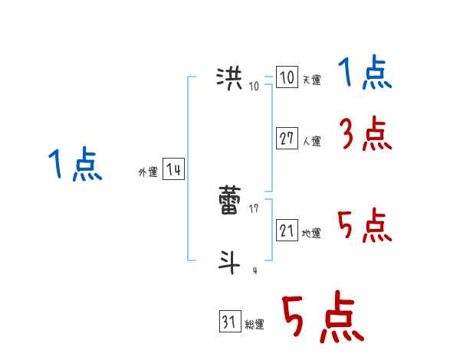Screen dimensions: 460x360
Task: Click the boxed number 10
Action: pos(287,77)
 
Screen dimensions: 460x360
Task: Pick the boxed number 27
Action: pos(287,139)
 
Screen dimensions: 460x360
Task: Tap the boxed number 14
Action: pos(173,170)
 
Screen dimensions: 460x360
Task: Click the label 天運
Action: pos(311,80)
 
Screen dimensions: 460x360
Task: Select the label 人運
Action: pos(311,141)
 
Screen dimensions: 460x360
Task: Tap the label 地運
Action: pos(311,233)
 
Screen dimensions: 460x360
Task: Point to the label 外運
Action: pos(148,172)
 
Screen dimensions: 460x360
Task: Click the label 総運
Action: pos(255,325)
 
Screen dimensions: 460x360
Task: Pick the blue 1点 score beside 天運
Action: pos(365,75)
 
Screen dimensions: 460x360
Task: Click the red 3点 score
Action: pos(366,136)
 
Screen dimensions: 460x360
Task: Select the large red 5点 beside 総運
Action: pos(323,319)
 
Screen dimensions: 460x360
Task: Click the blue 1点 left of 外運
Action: pos(76,165)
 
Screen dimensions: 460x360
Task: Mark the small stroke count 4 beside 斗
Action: pos(255,270)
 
